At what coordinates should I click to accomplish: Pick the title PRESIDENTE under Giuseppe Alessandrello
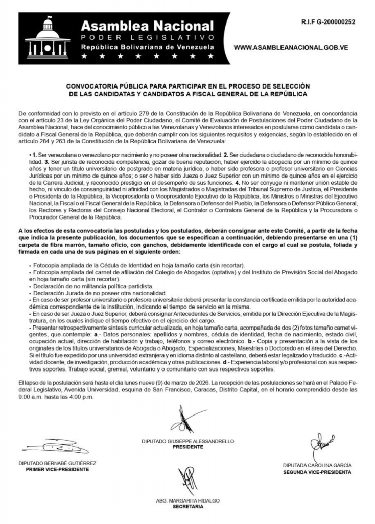click(188, 446)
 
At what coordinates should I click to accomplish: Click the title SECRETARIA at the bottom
click(188, 507)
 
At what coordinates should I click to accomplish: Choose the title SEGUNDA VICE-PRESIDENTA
click(317, 472)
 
